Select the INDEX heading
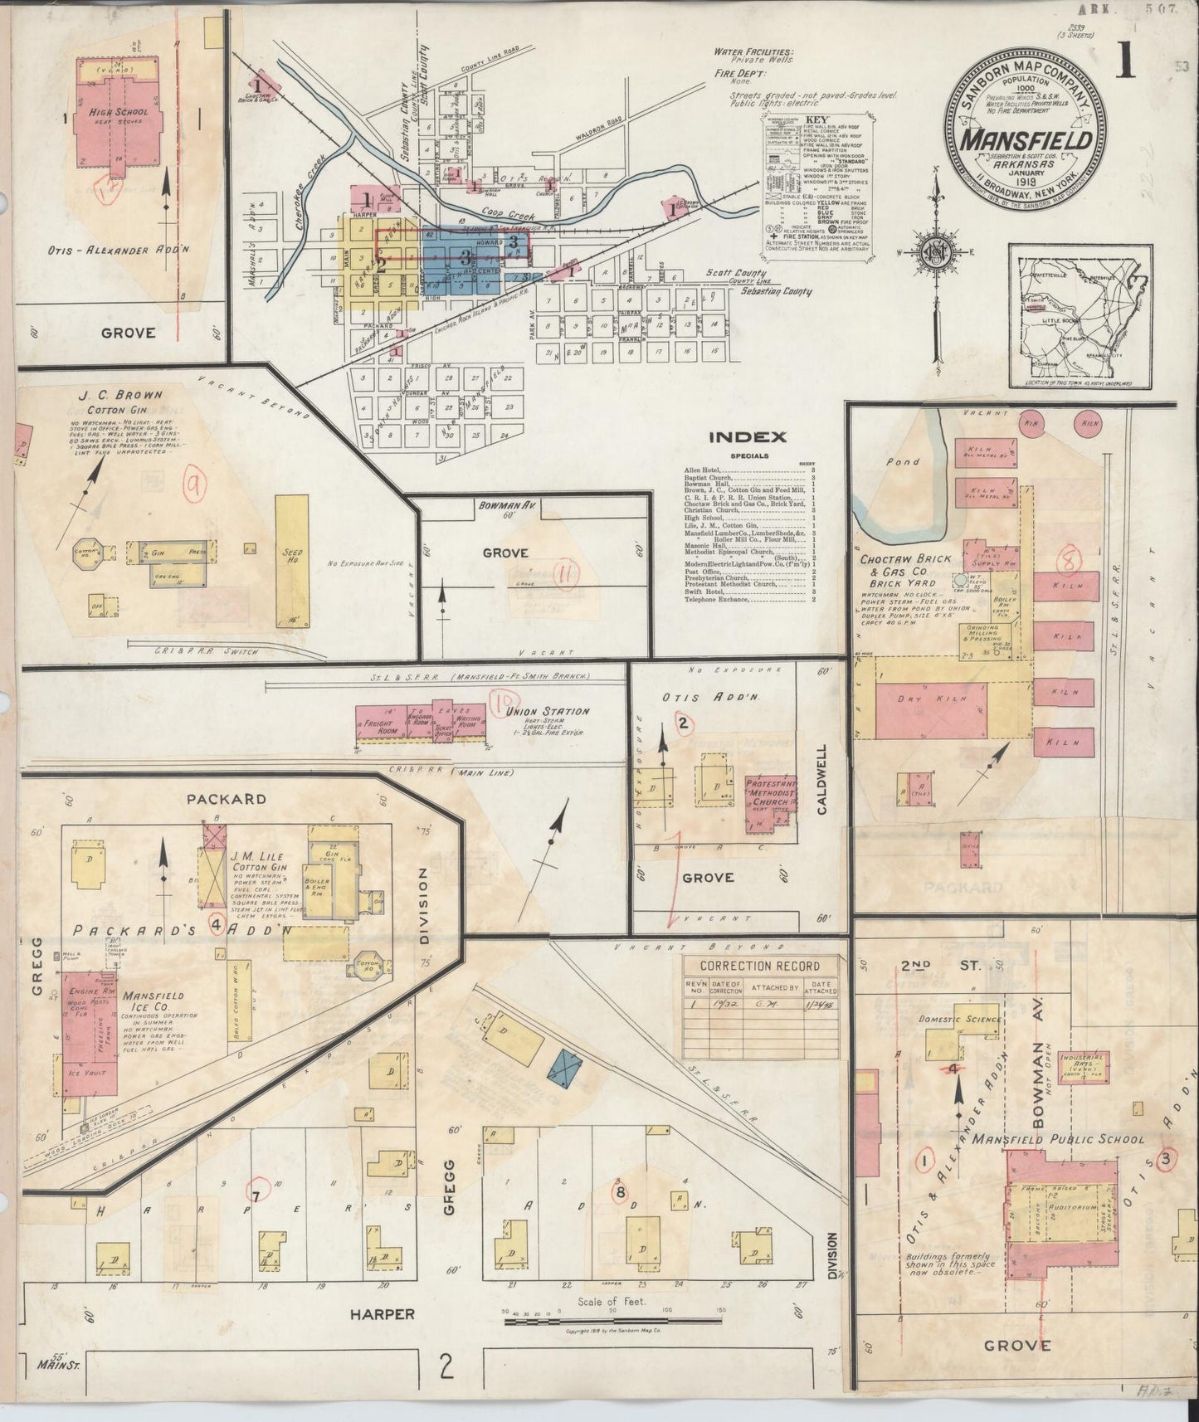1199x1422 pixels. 747,437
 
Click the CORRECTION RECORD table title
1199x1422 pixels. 759,966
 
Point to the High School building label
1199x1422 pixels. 120,111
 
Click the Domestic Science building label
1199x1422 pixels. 959,1019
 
